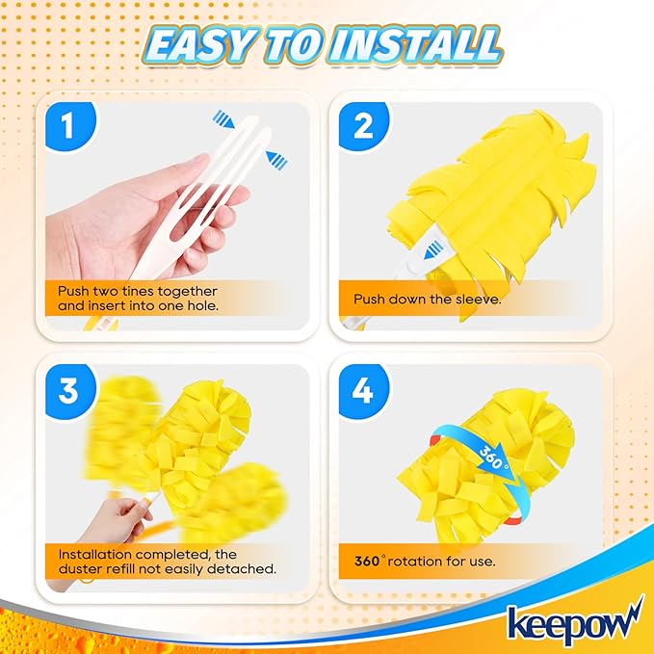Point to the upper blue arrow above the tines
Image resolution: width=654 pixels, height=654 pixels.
click(x=224, y=119)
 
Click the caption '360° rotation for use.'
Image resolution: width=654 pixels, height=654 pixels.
click(x=424, y=560)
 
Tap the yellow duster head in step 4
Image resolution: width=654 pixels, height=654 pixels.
click(x=486, y=453)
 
